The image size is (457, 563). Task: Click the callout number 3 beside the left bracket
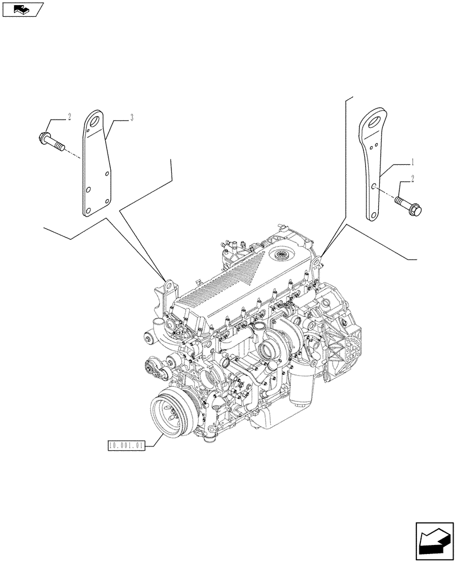(x=131, y=118)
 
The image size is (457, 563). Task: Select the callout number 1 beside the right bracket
(x=413, y=162)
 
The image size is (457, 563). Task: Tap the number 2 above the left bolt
(x=69, y=118)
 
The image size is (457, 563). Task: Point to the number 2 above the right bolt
(x=413, y=180)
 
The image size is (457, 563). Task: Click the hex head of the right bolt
(x=418, y=211)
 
